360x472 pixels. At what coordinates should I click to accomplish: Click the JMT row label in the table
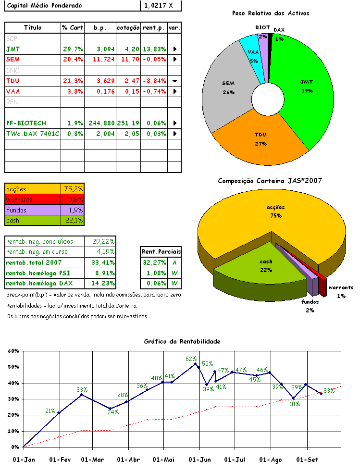coord(13,49)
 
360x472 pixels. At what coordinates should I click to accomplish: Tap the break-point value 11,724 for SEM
coord(100,59)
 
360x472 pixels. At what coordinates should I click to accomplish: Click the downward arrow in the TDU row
coord(174,81)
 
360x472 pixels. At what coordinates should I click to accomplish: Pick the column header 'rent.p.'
coord(154,28)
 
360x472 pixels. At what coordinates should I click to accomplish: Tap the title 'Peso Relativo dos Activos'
coord(270,13)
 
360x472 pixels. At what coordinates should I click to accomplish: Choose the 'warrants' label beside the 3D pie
coord(341,287)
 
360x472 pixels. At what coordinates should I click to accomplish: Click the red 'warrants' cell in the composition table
coord(33,199)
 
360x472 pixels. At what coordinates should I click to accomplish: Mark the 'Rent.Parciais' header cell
coord(161,251)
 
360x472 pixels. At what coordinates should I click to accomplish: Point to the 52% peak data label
coord(191,359)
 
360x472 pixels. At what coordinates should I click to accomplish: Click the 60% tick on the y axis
coord(13,351)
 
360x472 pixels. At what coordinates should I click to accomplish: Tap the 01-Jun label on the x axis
coord(199,460)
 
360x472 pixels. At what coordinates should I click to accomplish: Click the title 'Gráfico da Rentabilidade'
coord(182,341)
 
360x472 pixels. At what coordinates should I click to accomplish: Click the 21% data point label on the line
coord(50,411)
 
